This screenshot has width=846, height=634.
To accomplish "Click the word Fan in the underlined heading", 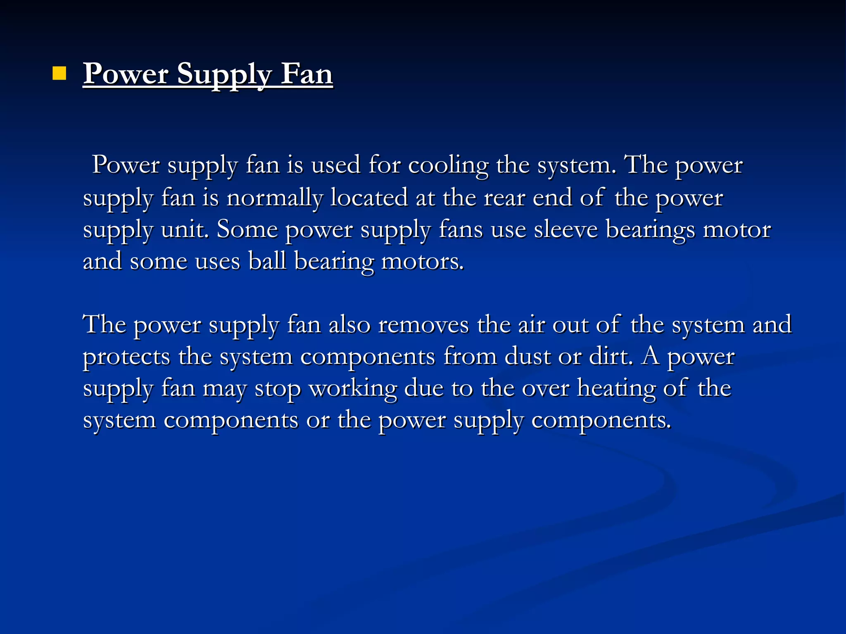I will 307,74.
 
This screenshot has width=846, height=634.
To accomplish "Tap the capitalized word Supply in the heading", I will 224,75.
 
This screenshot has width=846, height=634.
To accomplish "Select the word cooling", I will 448,166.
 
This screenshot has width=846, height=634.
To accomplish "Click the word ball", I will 267,261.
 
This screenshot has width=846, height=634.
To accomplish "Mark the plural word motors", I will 422,261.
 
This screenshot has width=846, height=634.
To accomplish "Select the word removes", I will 423,324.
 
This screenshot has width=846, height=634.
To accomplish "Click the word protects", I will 126,357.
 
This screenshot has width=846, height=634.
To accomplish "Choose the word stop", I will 278,389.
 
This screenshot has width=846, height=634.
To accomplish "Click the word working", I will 353,389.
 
